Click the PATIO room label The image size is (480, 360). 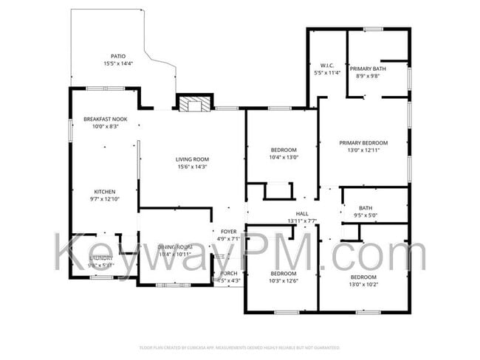[x=117, y=56]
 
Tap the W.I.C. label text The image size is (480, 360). [x=327, y=66]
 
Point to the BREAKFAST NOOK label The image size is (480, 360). [x=106, y=119]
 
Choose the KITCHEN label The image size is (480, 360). [x=104, y=191]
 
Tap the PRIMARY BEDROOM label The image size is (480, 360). [x=363, y=142]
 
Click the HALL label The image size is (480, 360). [x=301, y=213]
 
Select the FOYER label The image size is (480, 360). [x=228, y=231]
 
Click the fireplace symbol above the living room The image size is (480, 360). [x=194, y=104]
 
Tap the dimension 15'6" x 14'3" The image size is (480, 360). [x=192, y=167]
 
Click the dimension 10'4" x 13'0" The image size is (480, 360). [x=284, y=158]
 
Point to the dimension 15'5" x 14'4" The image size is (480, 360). [x=117, y=64]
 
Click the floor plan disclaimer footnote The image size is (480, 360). [x=239, y=347]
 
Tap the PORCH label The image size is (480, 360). [x=228, y=273]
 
